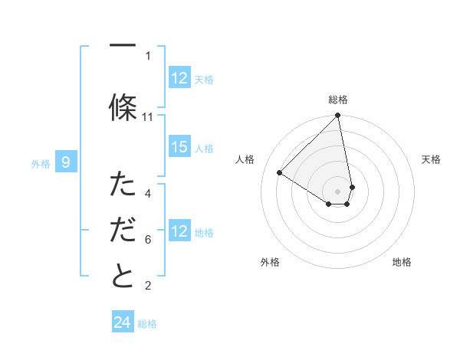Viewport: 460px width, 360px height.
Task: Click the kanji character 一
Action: [x=123, y=46]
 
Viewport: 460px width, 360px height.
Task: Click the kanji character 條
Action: [x=123, y=106]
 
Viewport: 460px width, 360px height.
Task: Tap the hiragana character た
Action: [x=123, y=184]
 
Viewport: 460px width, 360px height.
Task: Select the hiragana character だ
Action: [x=123, y=230]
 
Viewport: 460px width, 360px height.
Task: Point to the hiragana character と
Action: [x=123, y=277]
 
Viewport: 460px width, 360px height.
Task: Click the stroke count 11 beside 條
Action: [x=148, y=117]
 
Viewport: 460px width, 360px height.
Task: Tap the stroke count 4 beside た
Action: [x=148, y=193]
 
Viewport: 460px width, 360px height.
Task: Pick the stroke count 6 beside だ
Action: [x=148, y=240]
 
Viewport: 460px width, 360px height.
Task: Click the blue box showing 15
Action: [x=179, y=147]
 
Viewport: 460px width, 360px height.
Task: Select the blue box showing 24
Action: [x=123, y=322]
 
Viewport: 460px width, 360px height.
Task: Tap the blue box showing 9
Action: [x=66, y=162]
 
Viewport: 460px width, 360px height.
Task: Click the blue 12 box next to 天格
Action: [x=179, y=78]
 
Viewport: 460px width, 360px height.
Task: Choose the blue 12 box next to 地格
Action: [x=179, y=231]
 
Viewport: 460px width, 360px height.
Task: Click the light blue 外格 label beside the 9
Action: [x=40, y=163]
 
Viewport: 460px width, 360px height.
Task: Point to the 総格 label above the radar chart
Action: [x=338, y=100]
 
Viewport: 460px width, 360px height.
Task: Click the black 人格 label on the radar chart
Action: [x=245, y=159]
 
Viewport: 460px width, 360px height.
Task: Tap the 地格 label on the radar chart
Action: [x=402, y=262]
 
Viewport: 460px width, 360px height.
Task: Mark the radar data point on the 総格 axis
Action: [x=338, y=116]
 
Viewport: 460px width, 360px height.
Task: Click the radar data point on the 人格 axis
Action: [x=280, y=173]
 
